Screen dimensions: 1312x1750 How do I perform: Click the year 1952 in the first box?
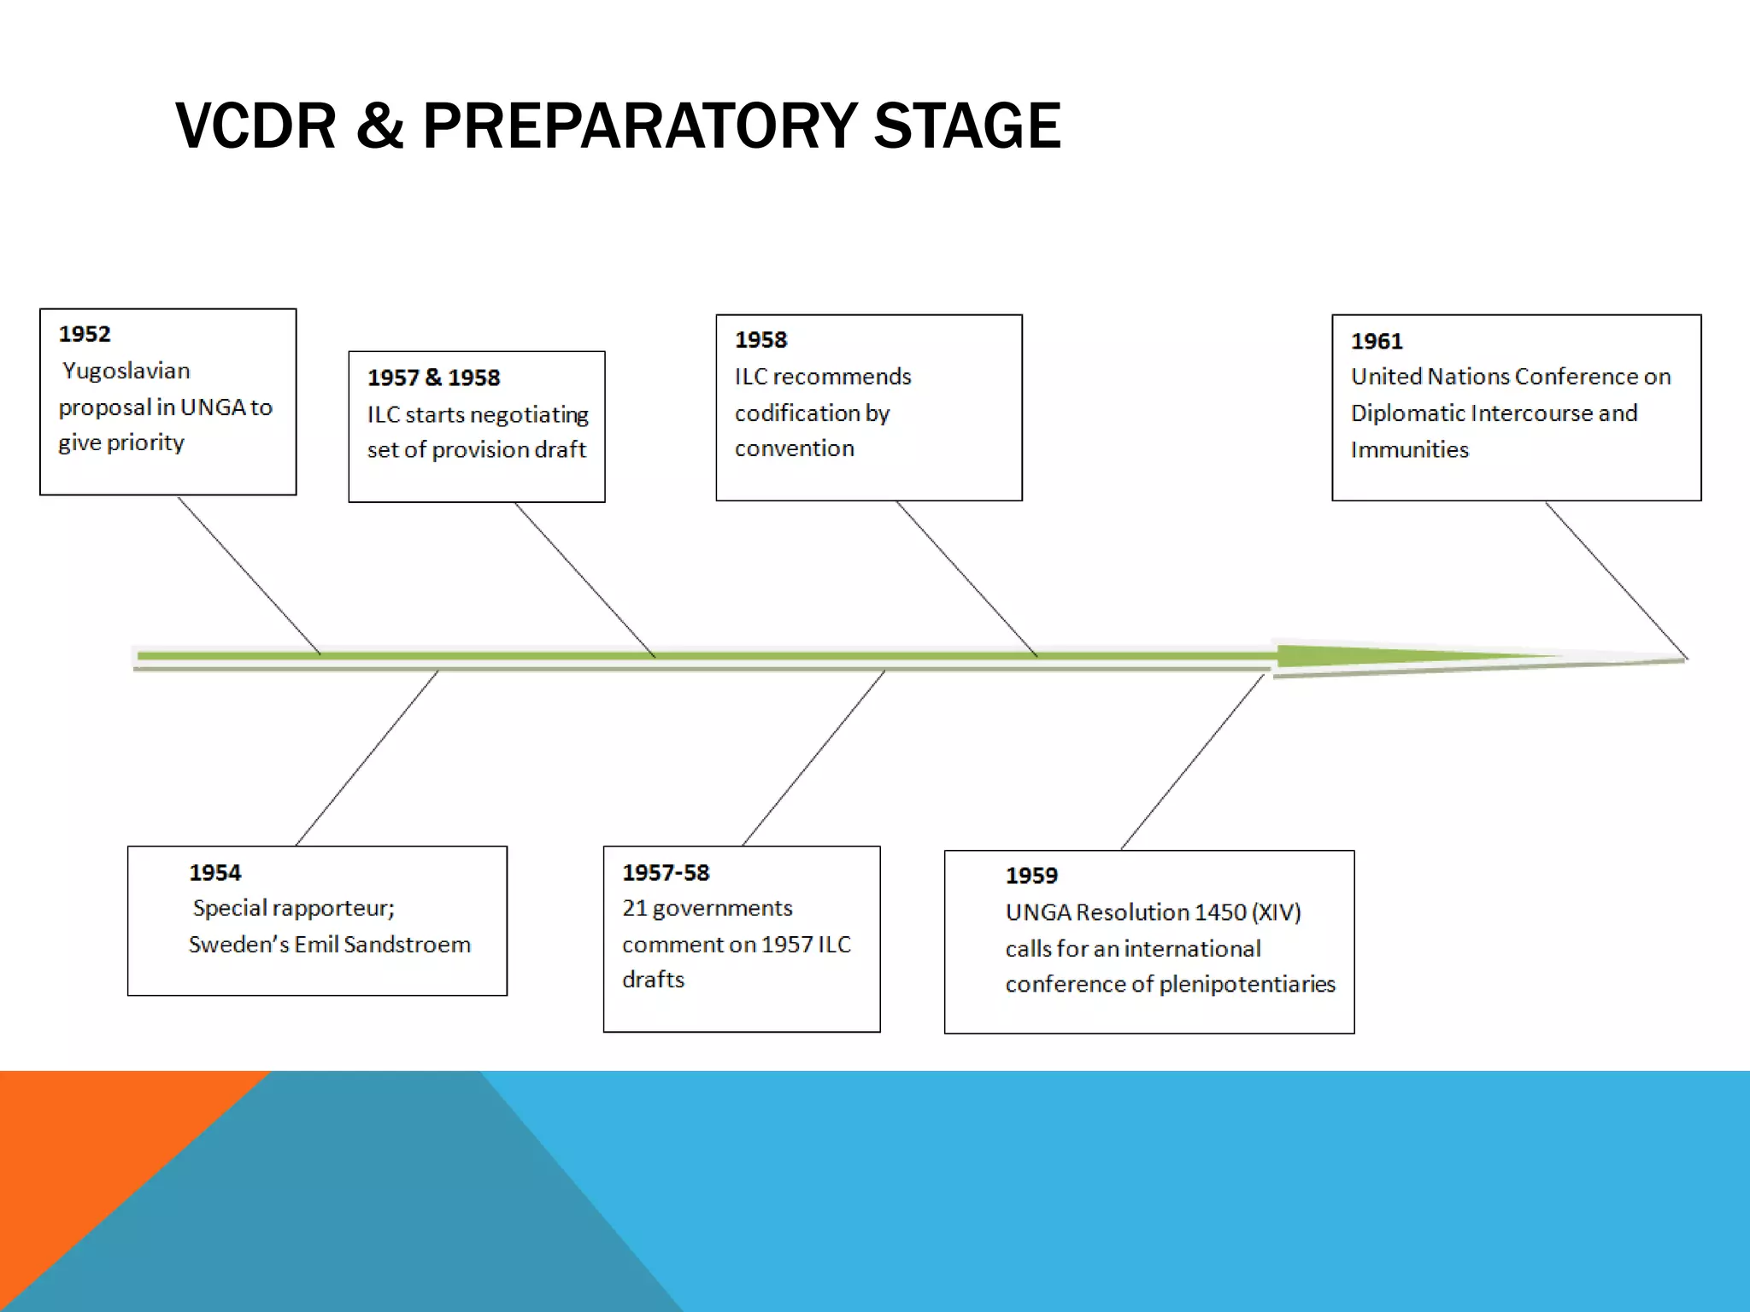[x=85, y=334]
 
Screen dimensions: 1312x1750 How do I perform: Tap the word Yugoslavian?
[x=126, y=371]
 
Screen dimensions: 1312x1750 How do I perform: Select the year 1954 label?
[x=215, y=872]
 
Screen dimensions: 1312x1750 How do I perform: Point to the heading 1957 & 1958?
[x=433, y=378]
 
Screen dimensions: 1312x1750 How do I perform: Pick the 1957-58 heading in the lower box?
[x=666, y=872]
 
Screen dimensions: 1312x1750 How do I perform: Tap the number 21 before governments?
[x=634, y=908]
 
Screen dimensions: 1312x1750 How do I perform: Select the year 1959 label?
[x=1031, y=876]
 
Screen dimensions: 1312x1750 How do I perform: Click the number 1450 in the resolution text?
[x=1220, y=912]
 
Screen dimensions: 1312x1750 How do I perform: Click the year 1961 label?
[x=1377, y=342]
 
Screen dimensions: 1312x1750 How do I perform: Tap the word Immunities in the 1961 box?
[x=1409, y=450]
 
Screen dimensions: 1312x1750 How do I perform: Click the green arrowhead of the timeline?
[x=1367, y=657]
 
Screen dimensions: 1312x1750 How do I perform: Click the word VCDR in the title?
[x=255, y=126]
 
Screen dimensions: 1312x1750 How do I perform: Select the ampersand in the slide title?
[x=379, y=126]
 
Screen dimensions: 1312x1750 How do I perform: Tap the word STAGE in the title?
[x=966, y=126]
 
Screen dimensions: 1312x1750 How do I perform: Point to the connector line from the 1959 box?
[x=1192, y=762]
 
